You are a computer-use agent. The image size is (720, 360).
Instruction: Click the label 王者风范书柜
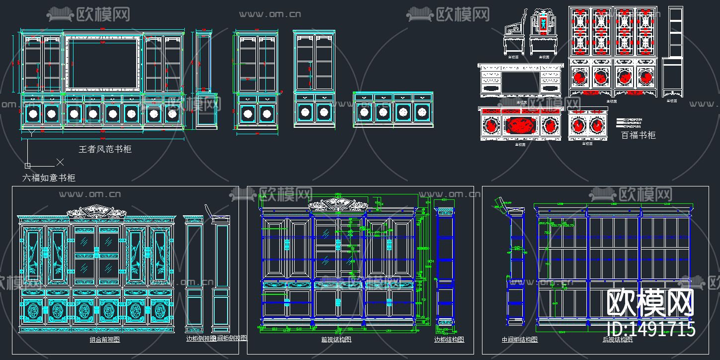(x=105, y=149)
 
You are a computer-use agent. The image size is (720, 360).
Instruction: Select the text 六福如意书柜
(x=49, y=178)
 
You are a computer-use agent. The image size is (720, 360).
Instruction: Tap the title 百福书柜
(x=639, y=135)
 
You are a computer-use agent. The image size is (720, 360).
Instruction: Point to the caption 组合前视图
(x=104, y=340)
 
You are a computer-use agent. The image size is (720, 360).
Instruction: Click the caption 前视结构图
(x=336, y=340)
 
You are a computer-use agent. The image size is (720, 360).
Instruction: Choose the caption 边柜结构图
(x=449, y=340)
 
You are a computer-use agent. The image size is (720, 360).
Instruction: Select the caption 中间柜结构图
(x=520, y=340)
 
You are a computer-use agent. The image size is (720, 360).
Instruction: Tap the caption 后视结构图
(x=618, y=340)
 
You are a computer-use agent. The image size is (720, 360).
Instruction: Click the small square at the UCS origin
(x=27, y=165)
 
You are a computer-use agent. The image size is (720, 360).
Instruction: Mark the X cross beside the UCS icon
(x=60, y=162)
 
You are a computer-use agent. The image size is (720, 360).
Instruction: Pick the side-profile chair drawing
(x=514, y=37)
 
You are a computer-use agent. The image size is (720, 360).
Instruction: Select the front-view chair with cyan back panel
(x=543, y=32)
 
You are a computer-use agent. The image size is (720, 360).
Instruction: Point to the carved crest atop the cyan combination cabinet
(x=96, y=211)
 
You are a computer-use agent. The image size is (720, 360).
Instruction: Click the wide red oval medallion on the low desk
(x=520, y=125)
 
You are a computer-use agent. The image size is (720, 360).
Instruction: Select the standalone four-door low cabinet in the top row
(x=393, y=109)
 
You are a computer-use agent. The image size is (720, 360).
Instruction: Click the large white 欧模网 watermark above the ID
(x=650, y=302)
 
